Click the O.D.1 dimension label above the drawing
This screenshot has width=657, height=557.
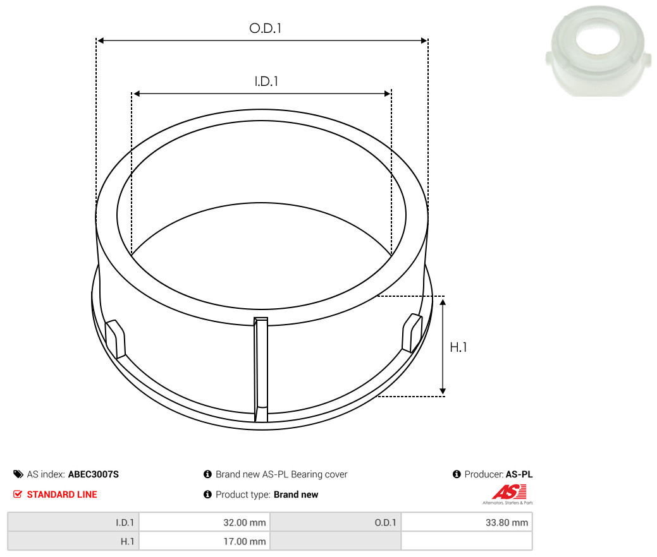(x=265, y=28)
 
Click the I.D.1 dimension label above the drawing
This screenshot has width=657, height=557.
(x=266, y=81)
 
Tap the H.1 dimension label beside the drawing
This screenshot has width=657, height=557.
(x=458, y=347)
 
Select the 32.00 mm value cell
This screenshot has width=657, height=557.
(x=204, y=522)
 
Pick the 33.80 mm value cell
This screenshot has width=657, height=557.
(x=467, y=522)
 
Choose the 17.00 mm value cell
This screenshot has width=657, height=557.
(x=204, y=541)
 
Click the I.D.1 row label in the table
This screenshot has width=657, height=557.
(x=125, y=523)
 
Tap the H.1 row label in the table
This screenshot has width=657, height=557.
(x=127, y=541)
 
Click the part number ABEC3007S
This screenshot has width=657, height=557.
(x=94, y=474)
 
